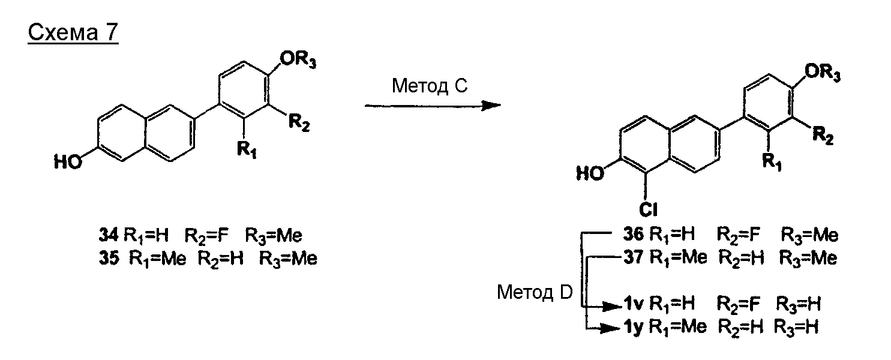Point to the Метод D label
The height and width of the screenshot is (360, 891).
tap(535, 293)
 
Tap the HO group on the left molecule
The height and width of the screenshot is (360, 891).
tap(67, 162)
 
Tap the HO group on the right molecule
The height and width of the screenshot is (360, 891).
tap(590, 173)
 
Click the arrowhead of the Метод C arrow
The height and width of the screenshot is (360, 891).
tap(492, 106)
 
